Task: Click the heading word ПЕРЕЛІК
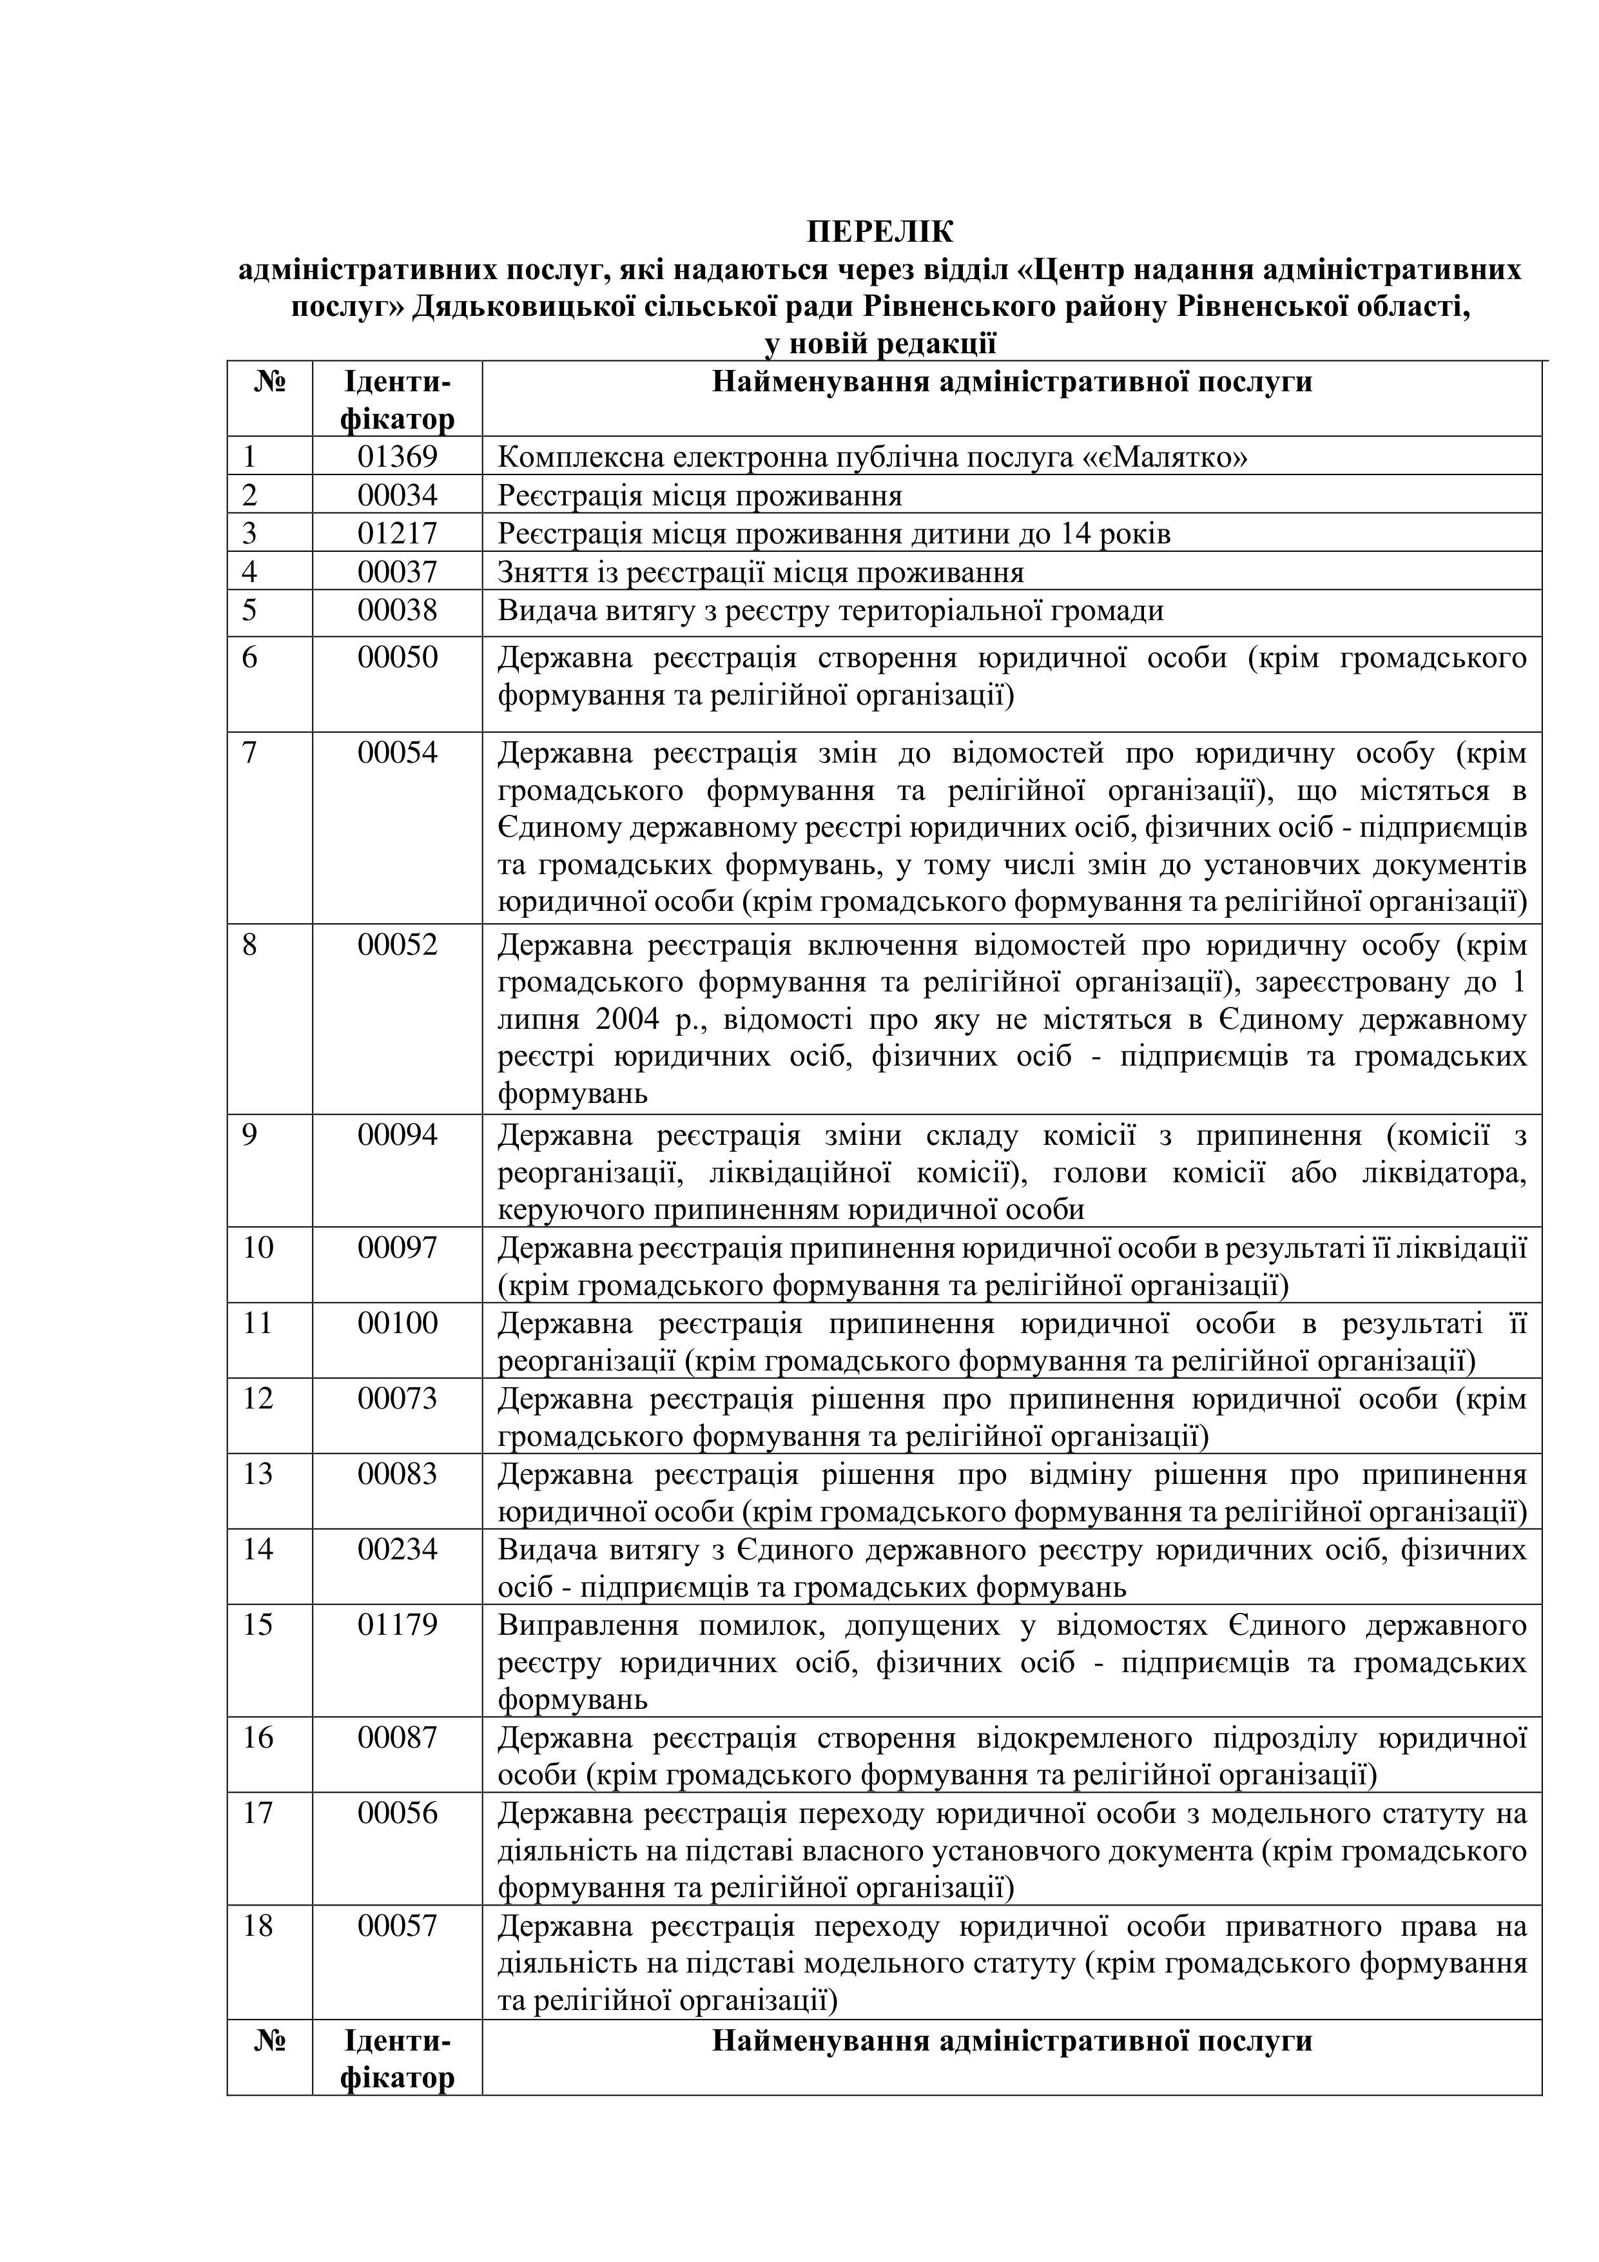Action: click(880, 233)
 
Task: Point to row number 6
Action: click(250, 657)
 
